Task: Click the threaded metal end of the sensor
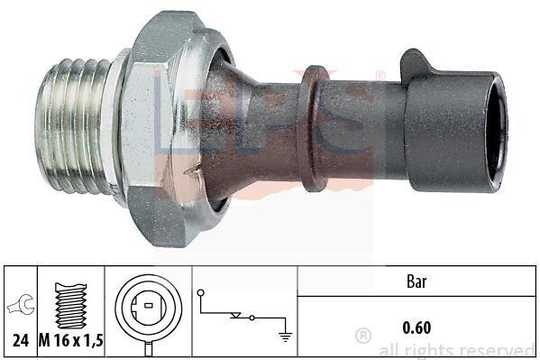click(72, 125)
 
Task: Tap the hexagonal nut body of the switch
click(153, 127)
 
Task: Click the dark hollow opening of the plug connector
click(497, 132)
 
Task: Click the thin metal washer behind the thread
click(116, 127)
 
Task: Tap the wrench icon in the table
click(21, 304)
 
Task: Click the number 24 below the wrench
click(21, 341)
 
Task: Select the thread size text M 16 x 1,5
click(71, 341)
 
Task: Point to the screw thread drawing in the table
click(71, 305)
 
